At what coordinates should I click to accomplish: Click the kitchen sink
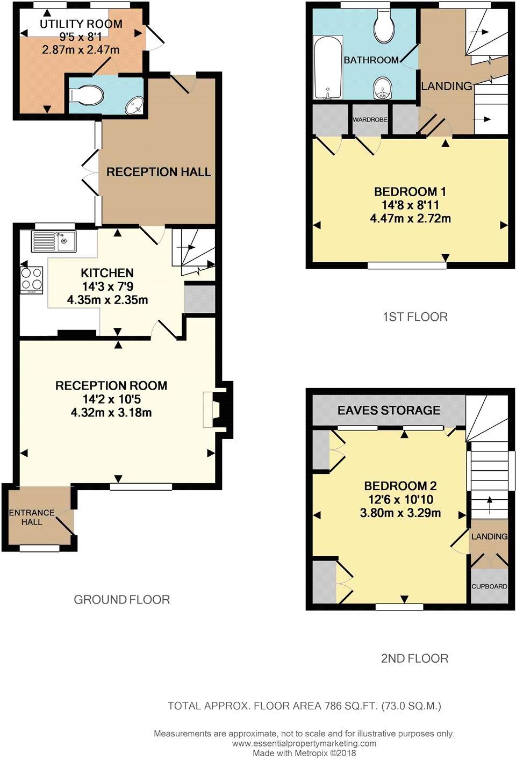[53, 241]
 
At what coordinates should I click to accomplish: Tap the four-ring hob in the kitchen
[31, 279]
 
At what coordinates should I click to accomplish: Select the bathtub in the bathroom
[327, 68]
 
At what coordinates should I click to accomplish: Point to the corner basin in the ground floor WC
[134, 106]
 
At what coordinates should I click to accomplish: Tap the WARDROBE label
[370, 119]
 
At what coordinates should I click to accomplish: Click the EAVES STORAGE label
[389, 411]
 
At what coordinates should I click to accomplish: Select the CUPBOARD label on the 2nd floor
[489, 586]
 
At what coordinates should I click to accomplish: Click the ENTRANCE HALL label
[32, 517]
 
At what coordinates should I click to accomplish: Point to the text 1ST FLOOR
[415, 317]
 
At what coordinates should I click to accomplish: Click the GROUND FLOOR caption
[122, 599]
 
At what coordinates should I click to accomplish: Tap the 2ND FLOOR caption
[414, 658]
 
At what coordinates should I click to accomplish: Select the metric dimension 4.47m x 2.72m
[410, 219]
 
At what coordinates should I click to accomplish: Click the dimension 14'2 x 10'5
[111, 399]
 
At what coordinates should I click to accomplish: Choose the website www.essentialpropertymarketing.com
[304, 743]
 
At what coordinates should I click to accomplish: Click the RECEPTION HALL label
[159, 172]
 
